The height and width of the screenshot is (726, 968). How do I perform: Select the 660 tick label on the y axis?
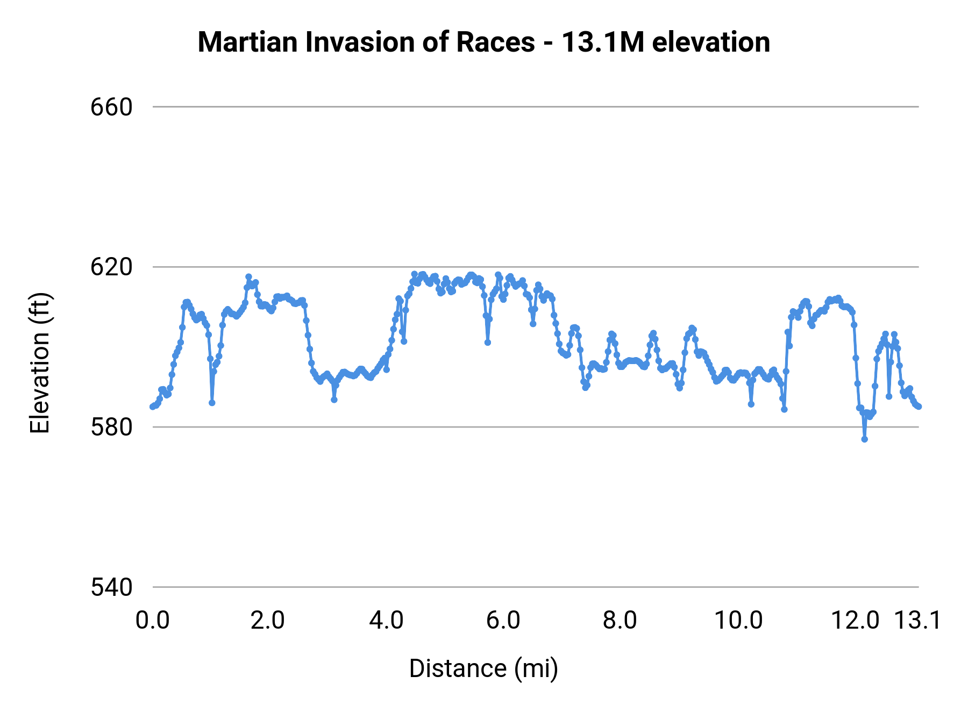coord(111,107)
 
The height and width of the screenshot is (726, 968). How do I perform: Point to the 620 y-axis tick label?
coord(111,267)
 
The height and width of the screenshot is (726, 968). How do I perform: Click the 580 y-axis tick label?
coord(111,428)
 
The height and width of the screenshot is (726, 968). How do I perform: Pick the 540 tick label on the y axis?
coord(111,587)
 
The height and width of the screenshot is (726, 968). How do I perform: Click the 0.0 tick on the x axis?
coord(153,621)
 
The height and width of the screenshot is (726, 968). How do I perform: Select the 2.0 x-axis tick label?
coord(268,621)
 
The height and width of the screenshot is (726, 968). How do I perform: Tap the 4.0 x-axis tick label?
coord(386,621)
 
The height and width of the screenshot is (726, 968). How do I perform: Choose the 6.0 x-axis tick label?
coord(503,621)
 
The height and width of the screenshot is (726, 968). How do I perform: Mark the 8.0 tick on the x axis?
coord(620,621)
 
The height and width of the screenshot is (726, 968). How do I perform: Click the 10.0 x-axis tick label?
coord(738,621)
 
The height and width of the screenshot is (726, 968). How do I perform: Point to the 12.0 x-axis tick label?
coord(855,621)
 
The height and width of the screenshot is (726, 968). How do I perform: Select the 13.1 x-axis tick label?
coord(917,621)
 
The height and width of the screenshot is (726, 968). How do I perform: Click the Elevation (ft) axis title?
coord(40,363)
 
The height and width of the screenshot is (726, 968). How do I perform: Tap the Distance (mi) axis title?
coord(483,668)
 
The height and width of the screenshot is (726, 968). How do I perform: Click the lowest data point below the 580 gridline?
coord(865,439)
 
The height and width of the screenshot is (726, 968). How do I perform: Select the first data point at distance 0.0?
coord(153,407)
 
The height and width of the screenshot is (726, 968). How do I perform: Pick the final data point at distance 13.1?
coord(919,407)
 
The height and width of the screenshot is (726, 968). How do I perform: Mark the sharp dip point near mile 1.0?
coord(212,403)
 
